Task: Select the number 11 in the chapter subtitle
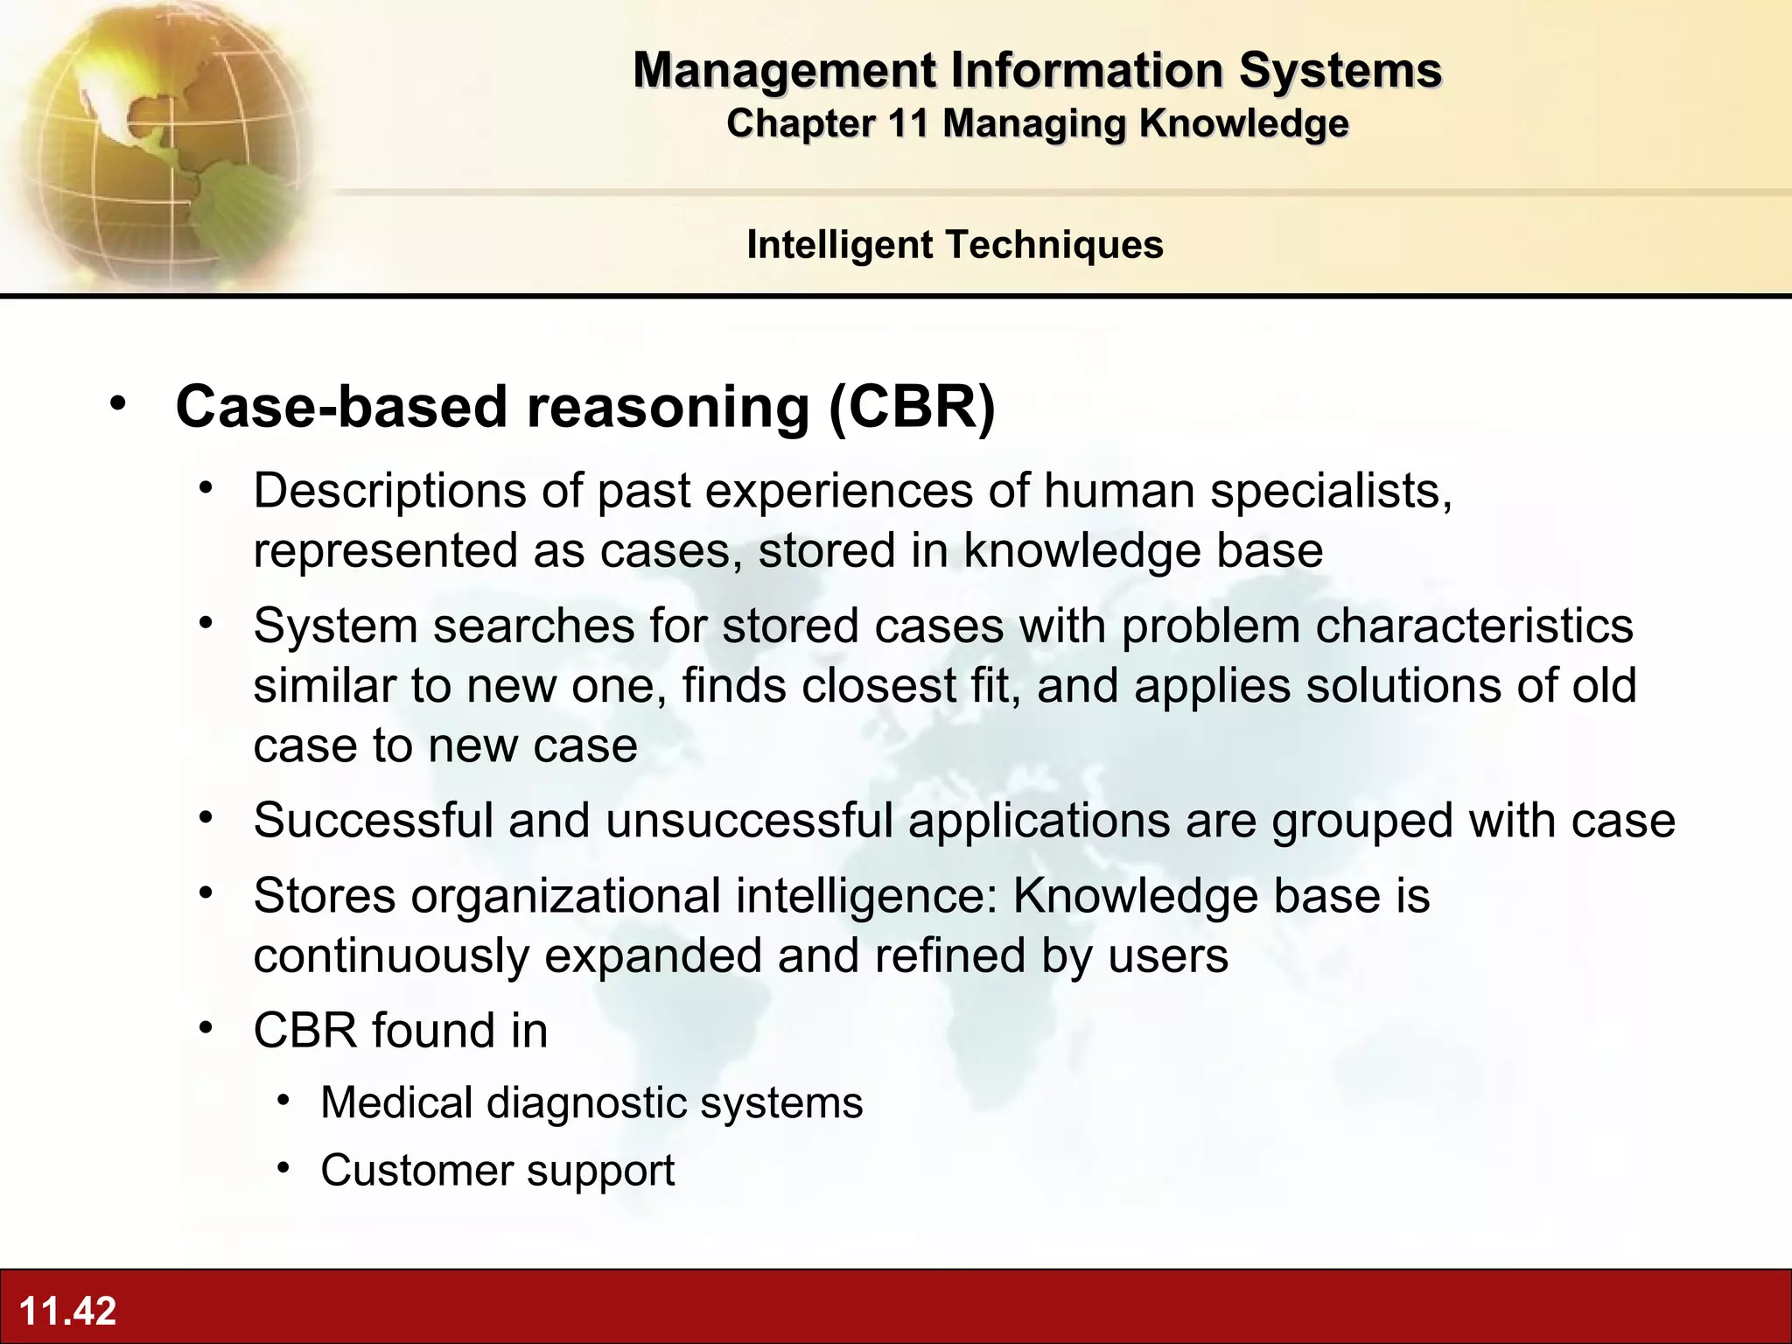906,123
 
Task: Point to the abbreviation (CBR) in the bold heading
912,407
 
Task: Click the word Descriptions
389,490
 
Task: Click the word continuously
391,955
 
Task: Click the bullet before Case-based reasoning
118,404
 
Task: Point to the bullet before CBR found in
206,1027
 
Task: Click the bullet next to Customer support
283,1168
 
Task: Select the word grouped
1362,821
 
